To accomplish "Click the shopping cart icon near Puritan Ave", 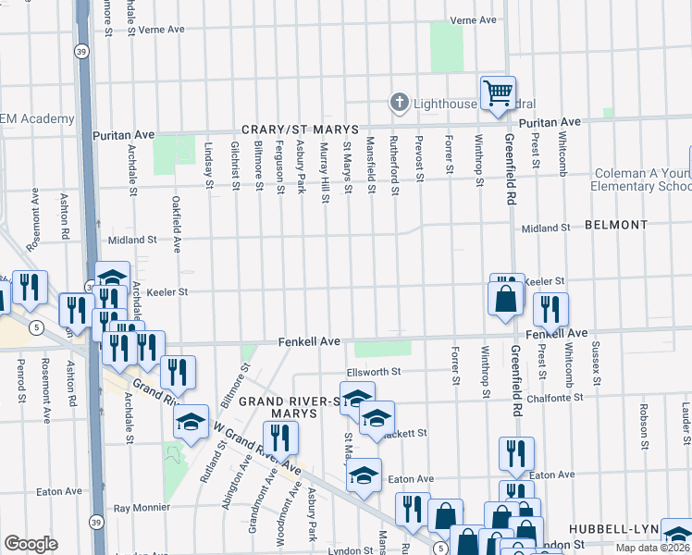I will [x=498, y=92].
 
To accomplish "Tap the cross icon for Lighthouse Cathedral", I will [x=400, y=103].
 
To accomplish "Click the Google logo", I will [x=31, y=544].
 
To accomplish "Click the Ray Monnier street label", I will [x=142, y=508].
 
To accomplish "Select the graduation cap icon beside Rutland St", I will [x=191, y=423].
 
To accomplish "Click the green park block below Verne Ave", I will [x=447, y=46].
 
